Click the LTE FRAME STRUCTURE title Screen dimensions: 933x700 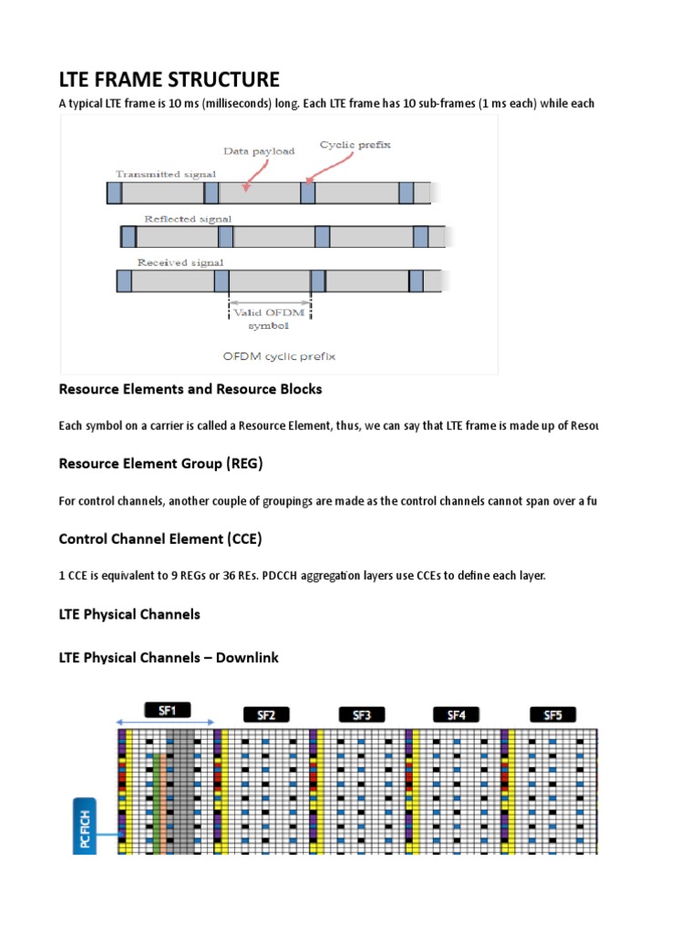pos(170,79)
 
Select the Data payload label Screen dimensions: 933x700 pos(259,151)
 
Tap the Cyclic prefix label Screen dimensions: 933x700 pos(351,145)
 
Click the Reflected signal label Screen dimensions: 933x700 pos(188,219)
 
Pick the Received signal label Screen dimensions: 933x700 pos(180,262)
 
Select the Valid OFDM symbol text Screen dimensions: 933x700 pos(269,319)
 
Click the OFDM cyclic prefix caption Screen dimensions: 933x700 pos(279,356)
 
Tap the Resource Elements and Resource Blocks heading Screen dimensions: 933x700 pos(190,389)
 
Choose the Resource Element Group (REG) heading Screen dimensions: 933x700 pos(160,464)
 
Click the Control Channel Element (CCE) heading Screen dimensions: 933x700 pos(160,539)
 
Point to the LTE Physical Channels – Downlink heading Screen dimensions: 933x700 pos(169,657)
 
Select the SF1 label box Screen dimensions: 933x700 pos(167,709)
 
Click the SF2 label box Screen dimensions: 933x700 pos(266,714)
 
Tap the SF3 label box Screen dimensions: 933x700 pos(362,714)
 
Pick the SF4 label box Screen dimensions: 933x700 pos(457,714)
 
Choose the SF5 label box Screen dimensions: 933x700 pos(552,714)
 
